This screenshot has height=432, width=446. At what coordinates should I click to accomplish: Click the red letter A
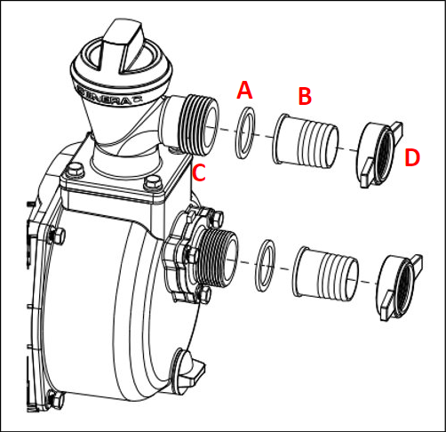point(245,90)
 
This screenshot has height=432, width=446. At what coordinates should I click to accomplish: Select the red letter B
point(304,94)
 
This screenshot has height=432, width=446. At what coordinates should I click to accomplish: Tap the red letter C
point(200,173)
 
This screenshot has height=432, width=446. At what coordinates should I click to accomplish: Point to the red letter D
point(412,159)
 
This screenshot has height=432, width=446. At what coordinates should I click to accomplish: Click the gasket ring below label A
point(245,133)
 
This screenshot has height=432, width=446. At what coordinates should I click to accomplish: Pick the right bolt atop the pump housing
point(147,184)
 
